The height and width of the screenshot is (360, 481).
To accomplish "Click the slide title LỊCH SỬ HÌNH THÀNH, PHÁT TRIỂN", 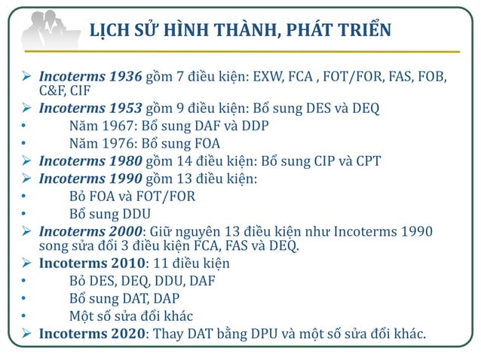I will pyautogui.click(x=240, y=31).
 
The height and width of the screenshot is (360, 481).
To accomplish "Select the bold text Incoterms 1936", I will pyautogui.click(x=89, y=77).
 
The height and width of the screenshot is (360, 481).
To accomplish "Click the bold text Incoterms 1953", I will pyautogui.click(x=89, y=108).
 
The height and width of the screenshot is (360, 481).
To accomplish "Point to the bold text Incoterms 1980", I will pyautogui.click(x=89, y=160).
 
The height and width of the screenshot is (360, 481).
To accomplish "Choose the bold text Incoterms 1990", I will pyautogui.click(x=89, y=178).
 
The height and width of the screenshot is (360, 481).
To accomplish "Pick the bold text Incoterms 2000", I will pyautogui.click(x=89, y=230).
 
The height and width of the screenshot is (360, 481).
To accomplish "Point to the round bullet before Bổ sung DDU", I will pyautogui.click(x=25, y=213).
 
